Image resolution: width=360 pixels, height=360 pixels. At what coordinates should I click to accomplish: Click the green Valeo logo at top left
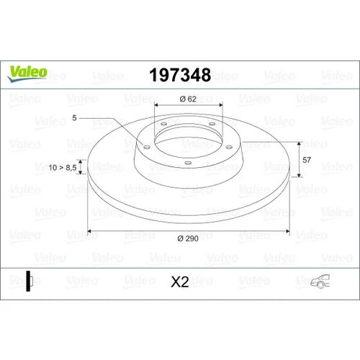tap(27, 73)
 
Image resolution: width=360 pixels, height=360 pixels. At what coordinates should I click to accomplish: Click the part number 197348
tap(180, 75)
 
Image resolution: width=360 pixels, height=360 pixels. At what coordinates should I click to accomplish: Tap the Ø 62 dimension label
tap(188, 99)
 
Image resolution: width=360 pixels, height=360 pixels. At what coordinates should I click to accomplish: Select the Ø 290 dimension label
tap(188, 238)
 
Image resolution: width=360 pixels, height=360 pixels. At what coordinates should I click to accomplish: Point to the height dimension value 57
tap(307, 160)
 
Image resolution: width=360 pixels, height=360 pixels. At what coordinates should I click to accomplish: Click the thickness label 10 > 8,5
tap(63, 168)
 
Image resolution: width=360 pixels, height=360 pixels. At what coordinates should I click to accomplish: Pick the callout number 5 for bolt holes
tap(74, 118)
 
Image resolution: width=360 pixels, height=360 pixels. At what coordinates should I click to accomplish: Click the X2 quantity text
tap(180, 282)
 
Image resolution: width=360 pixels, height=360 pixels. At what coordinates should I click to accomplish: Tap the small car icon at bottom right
tap(320, 282)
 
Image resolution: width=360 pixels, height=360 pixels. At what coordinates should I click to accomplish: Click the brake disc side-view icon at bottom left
tap(29, 281)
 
